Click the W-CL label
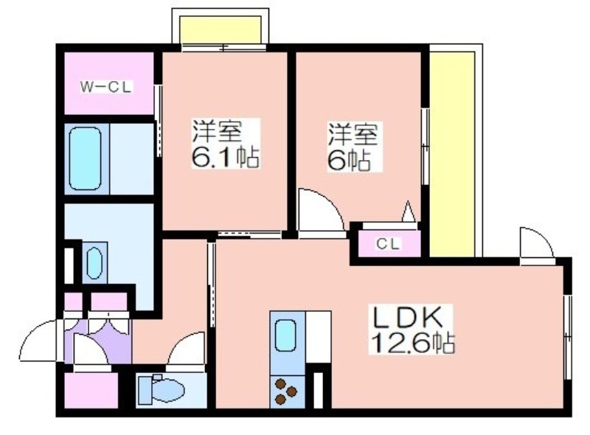(x=105, y=87)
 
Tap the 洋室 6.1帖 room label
(x=226, y=143)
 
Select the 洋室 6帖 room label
(x=353, y=147)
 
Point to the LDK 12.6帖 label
(x=412, y=330)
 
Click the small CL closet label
(x=388, y=244)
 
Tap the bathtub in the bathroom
(x=86, y=159)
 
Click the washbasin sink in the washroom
(x=94, y=263)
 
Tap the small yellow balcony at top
(x=220, y=29)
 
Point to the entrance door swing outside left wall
(x=38, y=341)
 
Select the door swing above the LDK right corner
(x=537, y=243)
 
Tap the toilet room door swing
(x=187, y=349)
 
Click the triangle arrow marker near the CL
(x=408, y=212)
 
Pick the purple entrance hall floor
(x=98, y=341)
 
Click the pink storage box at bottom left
(x=91, y=390)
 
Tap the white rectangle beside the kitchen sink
(x=319, y=337)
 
